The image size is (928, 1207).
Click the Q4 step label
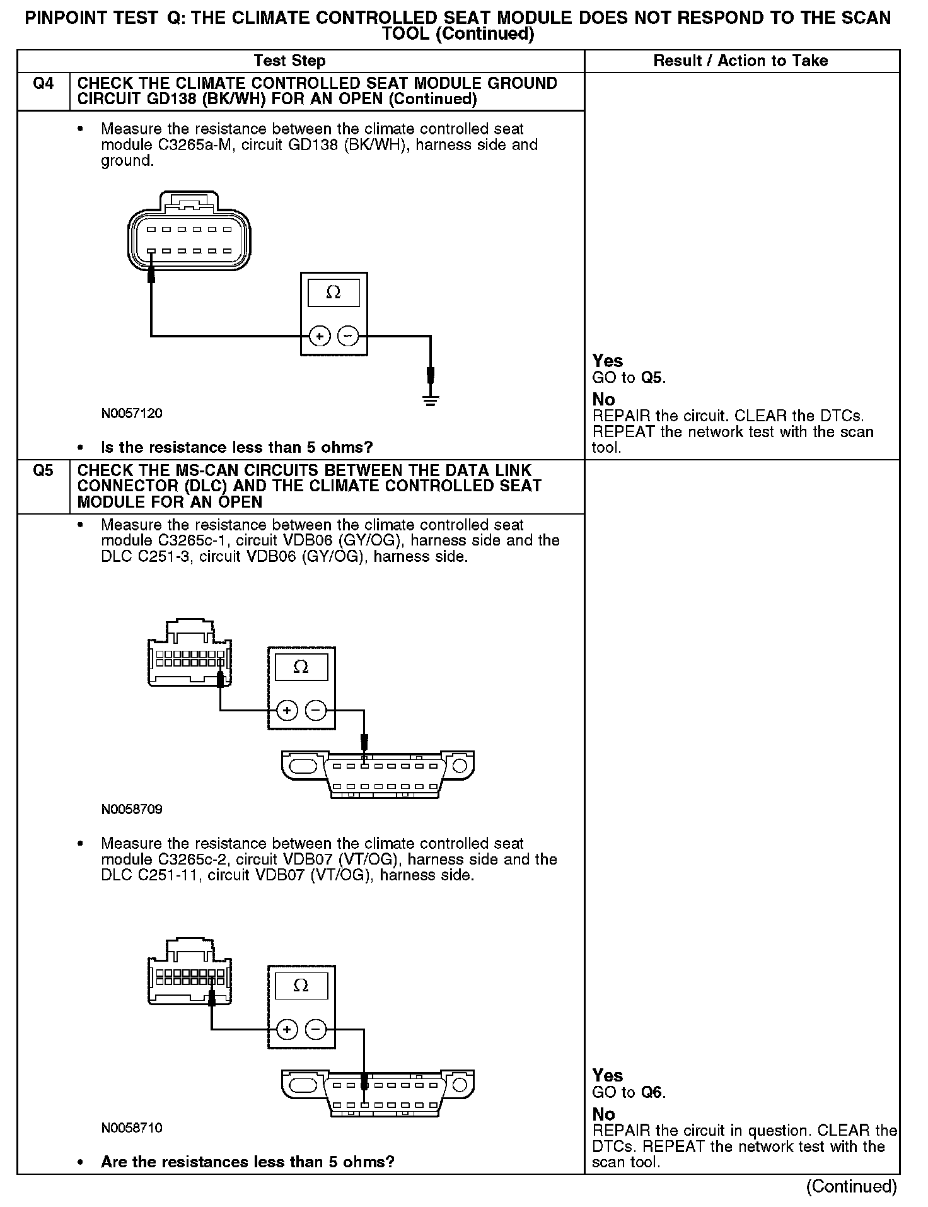(43, 84)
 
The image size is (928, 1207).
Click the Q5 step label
(43, 471)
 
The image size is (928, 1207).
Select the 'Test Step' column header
(289, 61)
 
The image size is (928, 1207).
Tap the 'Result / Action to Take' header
(741, 61)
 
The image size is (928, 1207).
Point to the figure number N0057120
(132, 414)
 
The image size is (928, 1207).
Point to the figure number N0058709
(132, 809)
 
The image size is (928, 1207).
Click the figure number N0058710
(132, 1128)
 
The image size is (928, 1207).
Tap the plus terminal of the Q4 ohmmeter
(320, 336)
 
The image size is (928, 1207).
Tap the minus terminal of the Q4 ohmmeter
(348, 336)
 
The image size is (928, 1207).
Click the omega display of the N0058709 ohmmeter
(301, 667)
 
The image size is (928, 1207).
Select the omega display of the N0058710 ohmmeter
(301, 986)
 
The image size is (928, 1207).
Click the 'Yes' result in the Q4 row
(608, 361)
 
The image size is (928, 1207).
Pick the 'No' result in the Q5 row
(603, 1114)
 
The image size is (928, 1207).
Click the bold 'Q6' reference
(653, 1093)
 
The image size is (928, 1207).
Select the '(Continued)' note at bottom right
(851, 1186)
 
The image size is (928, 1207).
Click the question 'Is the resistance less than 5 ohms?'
(237, 448)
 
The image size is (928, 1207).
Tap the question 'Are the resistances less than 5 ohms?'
(248, 1162)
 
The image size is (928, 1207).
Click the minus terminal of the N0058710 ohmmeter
(315, 1030)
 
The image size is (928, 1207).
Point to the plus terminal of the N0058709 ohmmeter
(287, 711)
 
